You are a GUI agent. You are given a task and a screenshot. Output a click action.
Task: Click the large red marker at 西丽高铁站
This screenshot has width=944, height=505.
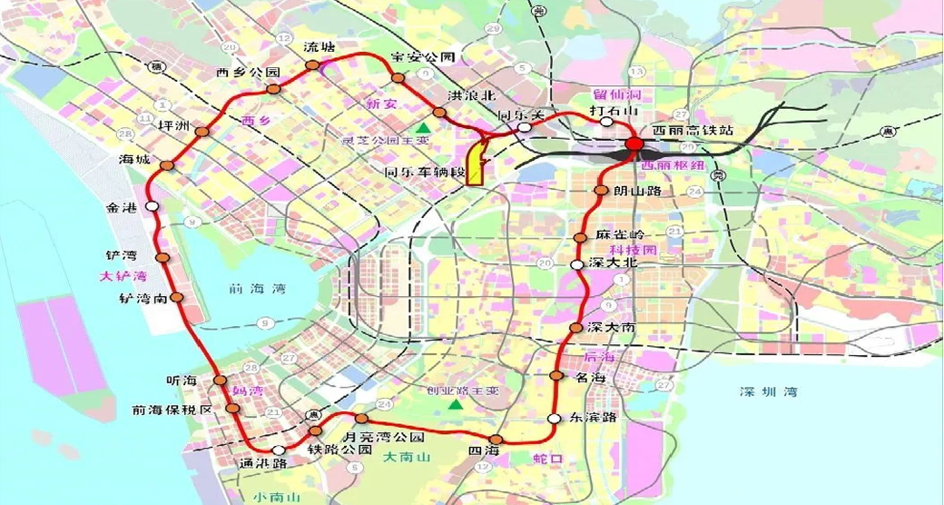[634, 146]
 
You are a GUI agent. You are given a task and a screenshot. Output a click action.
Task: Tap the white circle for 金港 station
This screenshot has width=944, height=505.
[152, 207]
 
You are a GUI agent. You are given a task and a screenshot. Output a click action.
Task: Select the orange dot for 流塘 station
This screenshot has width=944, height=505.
[312, 65]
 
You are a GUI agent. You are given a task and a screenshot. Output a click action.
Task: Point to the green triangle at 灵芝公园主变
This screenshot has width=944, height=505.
[423, 126]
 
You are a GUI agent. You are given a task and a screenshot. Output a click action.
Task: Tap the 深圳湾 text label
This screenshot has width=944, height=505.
[767, 391]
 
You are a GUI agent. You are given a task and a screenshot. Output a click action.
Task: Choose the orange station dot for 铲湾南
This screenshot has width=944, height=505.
[177, 297]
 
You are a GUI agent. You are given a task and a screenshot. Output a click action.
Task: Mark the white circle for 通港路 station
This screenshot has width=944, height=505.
[277, 451]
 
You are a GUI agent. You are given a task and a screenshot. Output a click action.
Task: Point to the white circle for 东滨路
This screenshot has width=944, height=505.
[554, 418]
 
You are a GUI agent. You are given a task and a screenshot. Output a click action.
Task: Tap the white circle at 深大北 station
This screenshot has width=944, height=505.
[575, 263]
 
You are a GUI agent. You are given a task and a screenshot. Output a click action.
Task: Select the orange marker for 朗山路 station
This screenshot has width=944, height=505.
[600, 191]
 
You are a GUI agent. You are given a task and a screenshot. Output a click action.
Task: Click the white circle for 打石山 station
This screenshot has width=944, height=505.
[606, 122]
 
